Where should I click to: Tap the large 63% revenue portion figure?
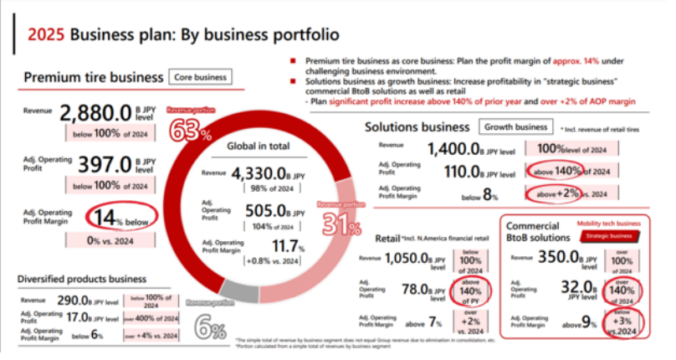(x=194, y=131)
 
